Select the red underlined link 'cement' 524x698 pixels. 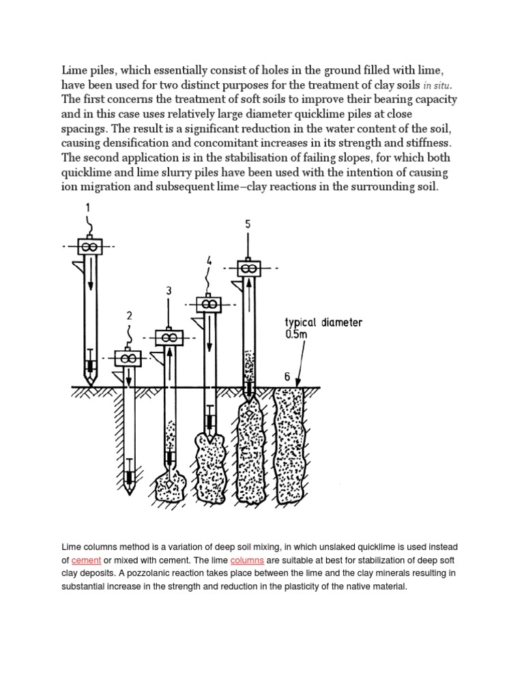tap(86, 560)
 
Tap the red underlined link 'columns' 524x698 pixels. tap(247, 560)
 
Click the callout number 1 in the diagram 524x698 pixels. tap(87, 207)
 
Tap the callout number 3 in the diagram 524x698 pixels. tap(168, 292)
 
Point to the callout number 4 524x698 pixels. tap(208, 260)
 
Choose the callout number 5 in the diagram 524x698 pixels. tap(248, 224)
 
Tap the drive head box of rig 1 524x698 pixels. tap(89, 246)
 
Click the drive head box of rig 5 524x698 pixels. tap(249, 268)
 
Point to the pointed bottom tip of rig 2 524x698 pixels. tap(129, 492)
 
